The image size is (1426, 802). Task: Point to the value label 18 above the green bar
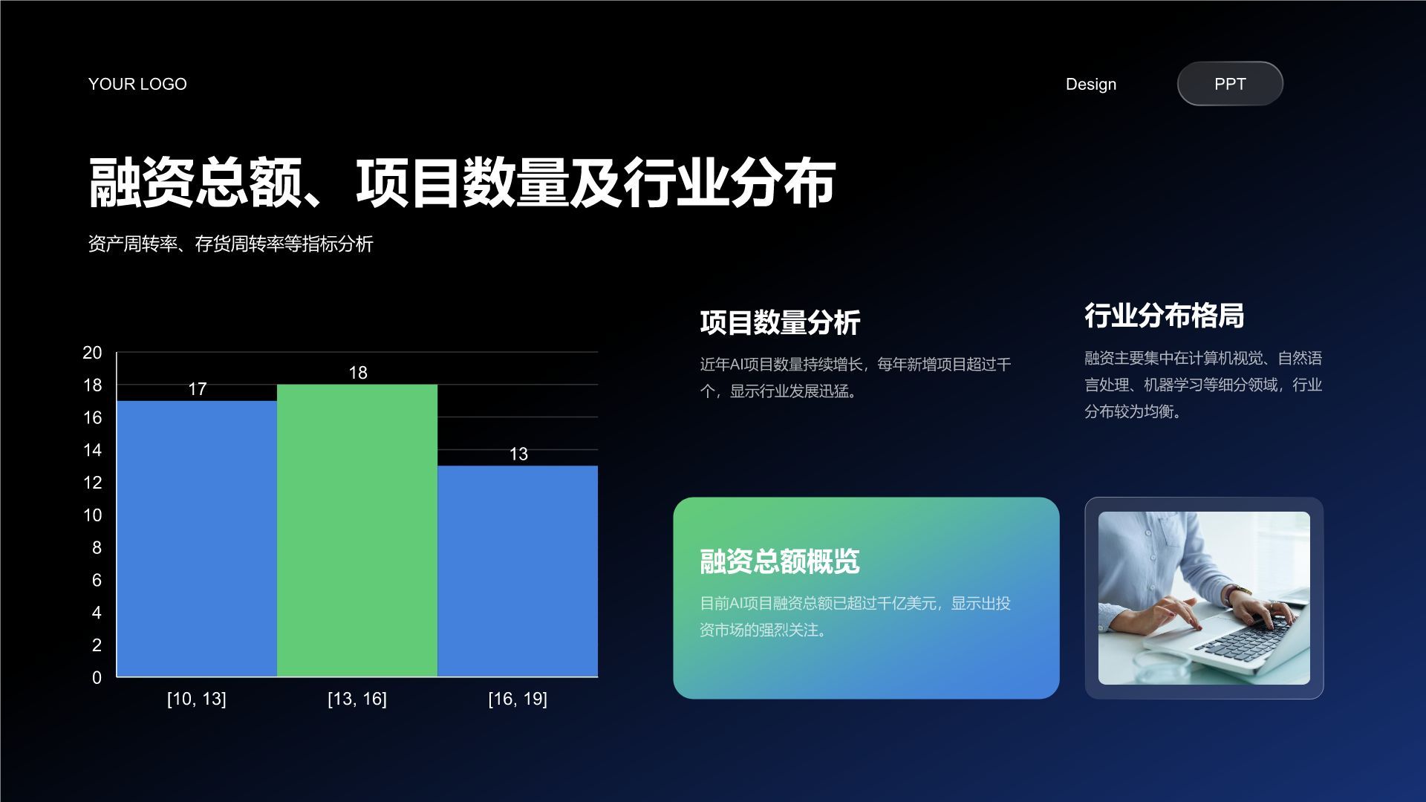358,373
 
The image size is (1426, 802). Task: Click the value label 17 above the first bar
197,389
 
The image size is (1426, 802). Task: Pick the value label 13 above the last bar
518,454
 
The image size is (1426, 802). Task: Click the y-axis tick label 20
92,353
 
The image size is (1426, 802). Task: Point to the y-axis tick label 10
92,515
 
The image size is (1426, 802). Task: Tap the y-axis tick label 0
97,677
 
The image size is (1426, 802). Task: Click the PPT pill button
1230,84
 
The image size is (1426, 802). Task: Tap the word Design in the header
1090,85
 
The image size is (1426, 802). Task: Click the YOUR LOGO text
137,85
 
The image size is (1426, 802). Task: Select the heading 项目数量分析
780,323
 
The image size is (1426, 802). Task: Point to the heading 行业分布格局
1164,316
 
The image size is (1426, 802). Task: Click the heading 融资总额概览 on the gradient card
780,561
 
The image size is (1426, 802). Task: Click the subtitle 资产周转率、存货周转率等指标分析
230,244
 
